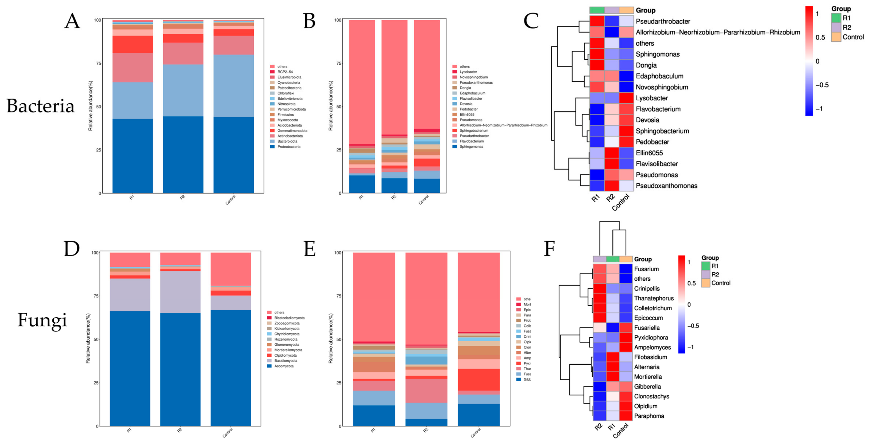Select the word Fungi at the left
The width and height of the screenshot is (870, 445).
[x=42, y=320]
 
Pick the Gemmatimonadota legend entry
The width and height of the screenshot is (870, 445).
[x=292, y=131]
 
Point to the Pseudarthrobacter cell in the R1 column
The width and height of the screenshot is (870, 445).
[x=597, y=21]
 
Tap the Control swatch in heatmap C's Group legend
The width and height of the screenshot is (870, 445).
[x=836, y=37]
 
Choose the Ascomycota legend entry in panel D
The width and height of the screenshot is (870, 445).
[x=284, y=366]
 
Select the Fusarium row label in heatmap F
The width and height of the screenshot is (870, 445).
[x=646, y=269]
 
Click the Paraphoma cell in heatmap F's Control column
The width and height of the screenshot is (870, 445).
[x=626, y=416]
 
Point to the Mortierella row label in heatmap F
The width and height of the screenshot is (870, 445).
[x=648, y=377]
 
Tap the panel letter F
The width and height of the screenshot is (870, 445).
[x=549, y=249]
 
